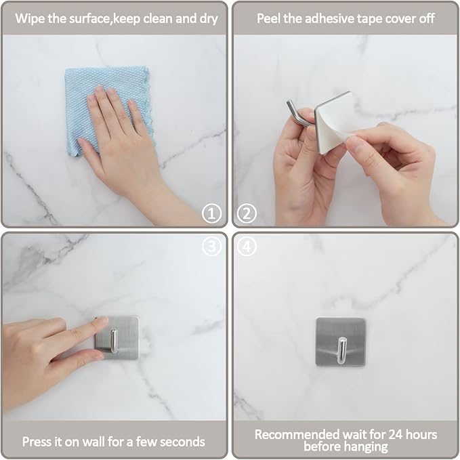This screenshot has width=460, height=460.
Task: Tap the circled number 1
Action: click(211, 213)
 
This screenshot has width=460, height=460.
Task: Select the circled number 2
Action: click(247, 213)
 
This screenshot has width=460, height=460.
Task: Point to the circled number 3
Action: click(211, 247)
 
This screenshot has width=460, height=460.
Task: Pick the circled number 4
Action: click(247, 247)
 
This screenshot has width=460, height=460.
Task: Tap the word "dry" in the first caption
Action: click(209, 19)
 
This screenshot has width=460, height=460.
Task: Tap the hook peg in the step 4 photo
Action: click(341, 350)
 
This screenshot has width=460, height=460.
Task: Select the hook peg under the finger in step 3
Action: click(114, 341)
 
